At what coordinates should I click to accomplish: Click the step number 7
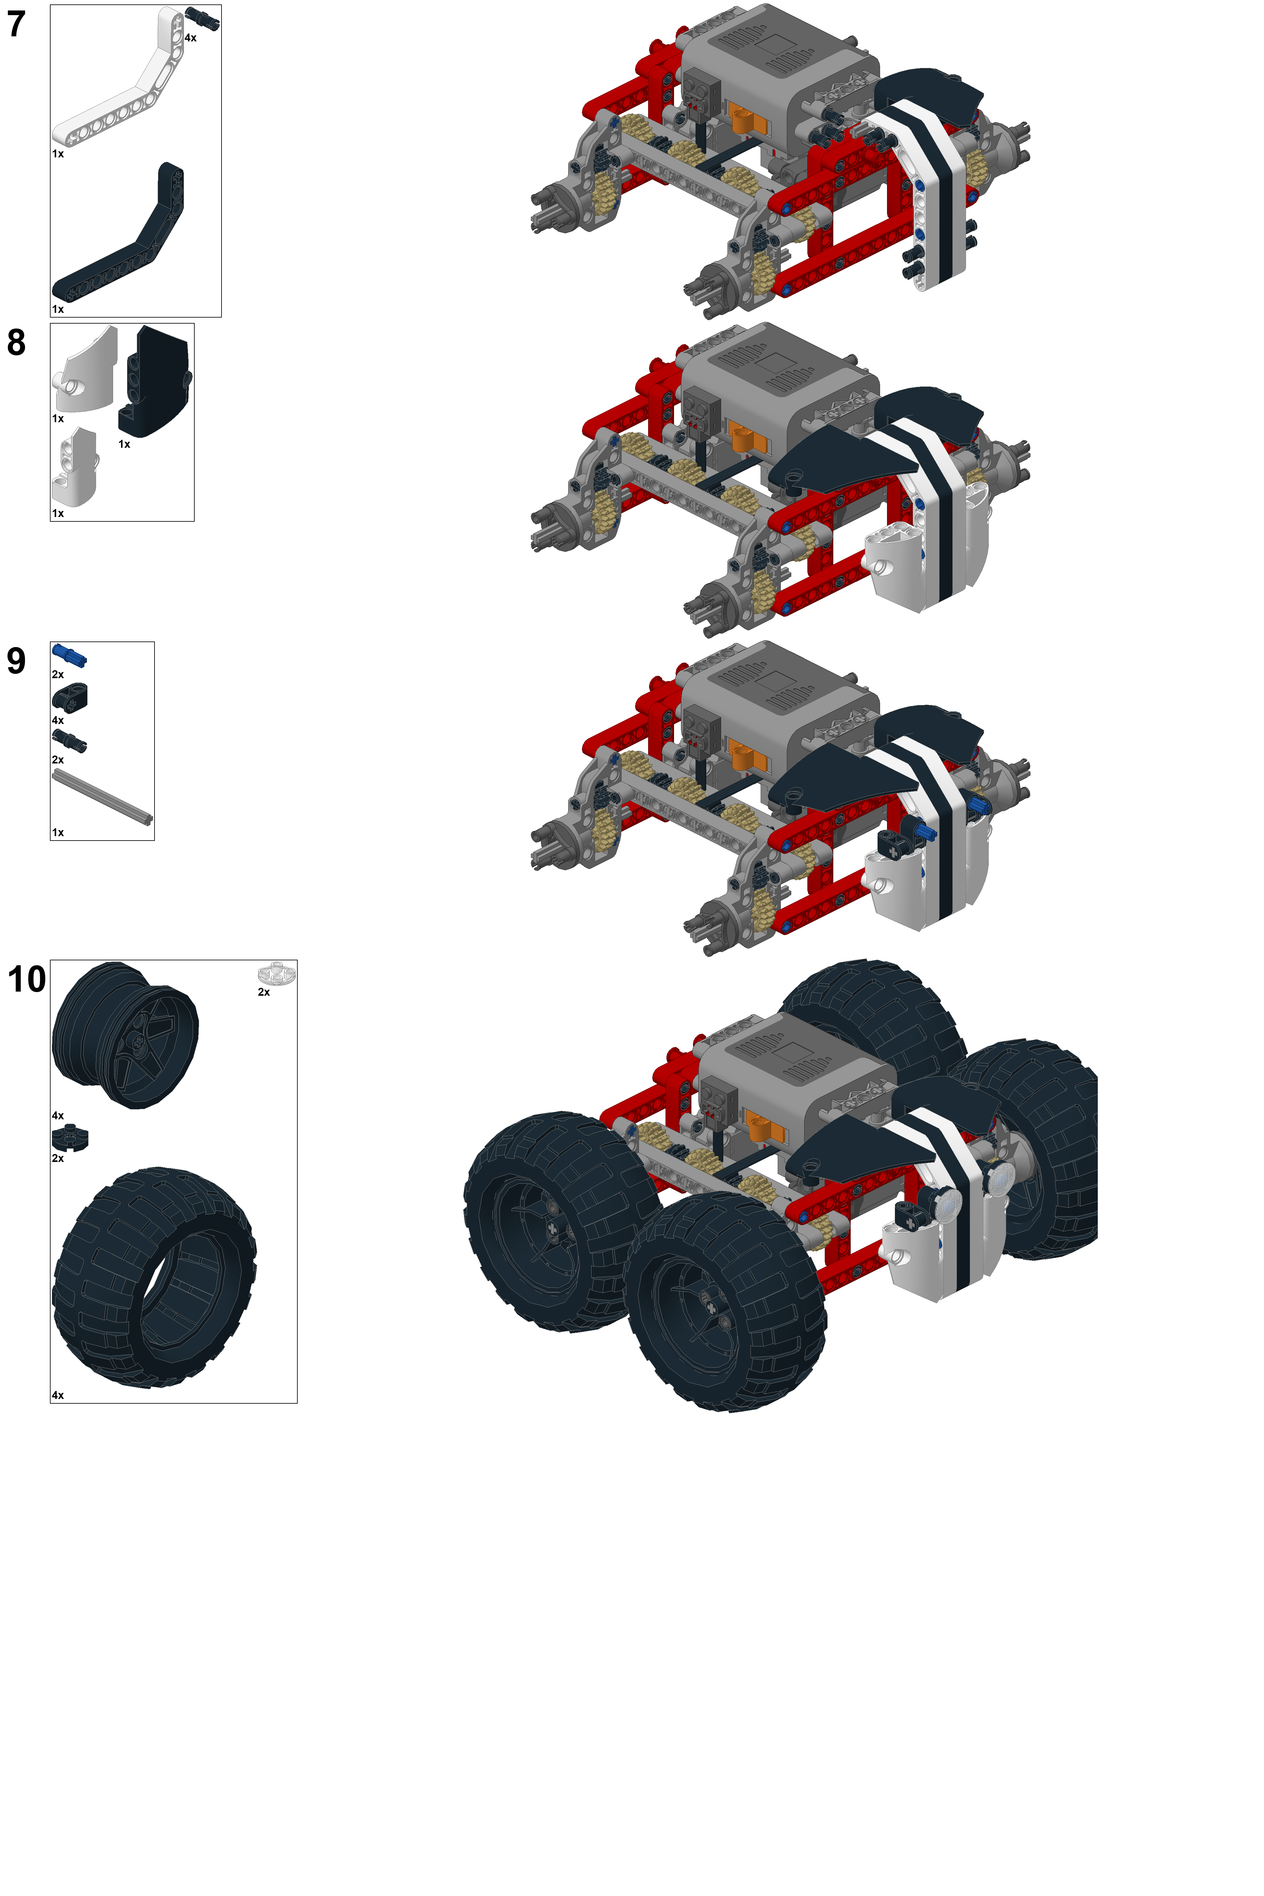pos(16,24)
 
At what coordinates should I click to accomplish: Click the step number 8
pos(16,343)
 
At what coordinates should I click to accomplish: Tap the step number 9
pos(16,661)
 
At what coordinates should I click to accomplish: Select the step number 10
pos(27,979)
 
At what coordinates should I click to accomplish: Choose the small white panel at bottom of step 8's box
pos(75,468)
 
